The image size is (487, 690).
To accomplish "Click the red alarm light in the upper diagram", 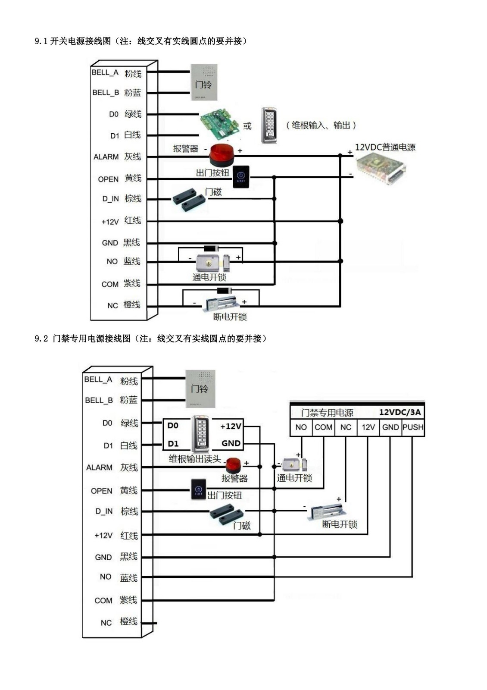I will point(222,153).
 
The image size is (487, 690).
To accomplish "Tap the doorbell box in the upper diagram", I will point(204,82).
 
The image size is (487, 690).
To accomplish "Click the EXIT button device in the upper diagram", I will point(241,176).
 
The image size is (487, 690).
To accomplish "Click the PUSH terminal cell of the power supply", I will point(413,427).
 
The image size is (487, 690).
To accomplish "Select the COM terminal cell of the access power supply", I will point(323,427).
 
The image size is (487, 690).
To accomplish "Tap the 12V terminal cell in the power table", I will point(368,427).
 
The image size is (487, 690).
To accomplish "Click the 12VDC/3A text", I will point(400,412).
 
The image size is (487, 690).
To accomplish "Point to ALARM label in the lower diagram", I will point(99,467).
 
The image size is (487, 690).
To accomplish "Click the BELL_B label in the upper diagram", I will point(106,92).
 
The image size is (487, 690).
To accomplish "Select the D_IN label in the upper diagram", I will point(110,199).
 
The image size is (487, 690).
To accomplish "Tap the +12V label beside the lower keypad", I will point(231,426).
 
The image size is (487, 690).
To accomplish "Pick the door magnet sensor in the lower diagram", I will point(227,514).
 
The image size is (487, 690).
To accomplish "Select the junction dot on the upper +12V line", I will point(340,221).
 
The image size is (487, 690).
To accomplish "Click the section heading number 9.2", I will point(41,339).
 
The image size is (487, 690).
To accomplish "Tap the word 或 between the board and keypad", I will point(247,126).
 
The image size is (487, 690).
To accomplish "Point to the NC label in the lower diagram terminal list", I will point(106,623).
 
